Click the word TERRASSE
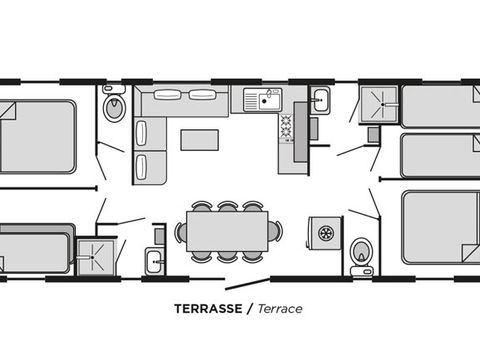[208, 309]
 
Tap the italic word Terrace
[280, 309]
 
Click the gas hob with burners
[286, 126]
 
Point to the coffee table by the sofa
[200, 140]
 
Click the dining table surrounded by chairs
[227, 231]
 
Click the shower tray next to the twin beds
[379, 104]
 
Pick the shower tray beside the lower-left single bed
[96, 256]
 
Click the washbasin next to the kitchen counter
[320, 100]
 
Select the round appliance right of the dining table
[325, 233]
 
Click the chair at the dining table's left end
[180, 232]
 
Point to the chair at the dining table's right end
[275, 231]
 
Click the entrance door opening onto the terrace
[248, 284]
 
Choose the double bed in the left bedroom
[37, 137]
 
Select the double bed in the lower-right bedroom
[441, 228]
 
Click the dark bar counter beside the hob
[300, 132]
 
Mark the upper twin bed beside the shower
[440, 107]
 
